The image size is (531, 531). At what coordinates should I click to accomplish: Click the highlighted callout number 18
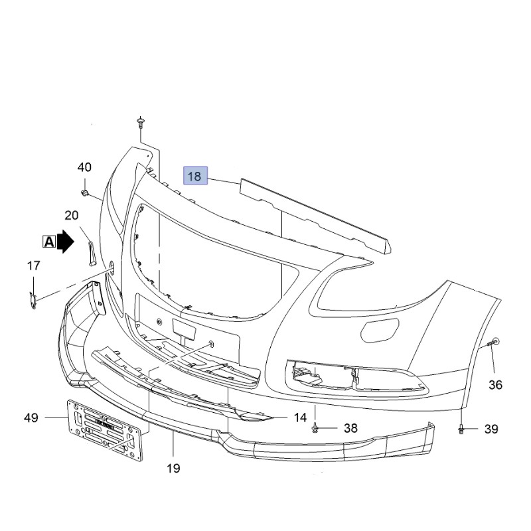coord(195,176)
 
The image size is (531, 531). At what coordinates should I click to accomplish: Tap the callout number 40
coord(84,167)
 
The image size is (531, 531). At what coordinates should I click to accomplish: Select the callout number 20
coord(72,215)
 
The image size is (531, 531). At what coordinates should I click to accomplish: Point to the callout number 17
coord(34,265)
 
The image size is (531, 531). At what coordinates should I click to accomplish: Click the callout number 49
coord(31,417)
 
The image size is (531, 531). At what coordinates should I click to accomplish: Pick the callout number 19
coord(173,469)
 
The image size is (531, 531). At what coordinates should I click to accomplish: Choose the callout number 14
coord(300,417)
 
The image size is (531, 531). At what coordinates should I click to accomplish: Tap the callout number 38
coord(350,428)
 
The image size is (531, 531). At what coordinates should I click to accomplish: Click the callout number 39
coord(491,429)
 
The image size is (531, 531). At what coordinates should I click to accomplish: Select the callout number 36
coord(495,385)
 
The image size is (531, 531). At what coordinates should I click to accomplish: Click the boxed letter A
coord(49,242)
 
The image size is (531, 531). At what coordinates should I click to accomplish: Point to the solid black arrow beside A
coord(65,242)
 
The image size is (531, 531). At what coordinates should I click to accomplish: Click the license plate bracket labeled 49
coord(105,430)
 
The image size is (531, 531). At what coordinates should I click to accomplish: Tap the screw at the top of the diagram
coord(140,123)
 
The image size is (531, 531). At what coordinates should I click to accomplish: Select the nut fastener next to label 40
coord(85,193)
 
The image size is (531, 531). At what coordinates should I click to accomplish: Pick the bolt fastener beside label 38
coord(315,428)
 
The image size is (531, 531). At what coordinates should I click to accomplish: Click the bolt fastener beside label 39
coord(461,429)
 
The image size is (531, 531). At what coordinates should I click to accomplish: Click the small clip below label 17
coord(33,301)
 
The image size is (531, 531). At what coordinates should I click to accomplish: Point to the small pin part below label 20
coord(92,253)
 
